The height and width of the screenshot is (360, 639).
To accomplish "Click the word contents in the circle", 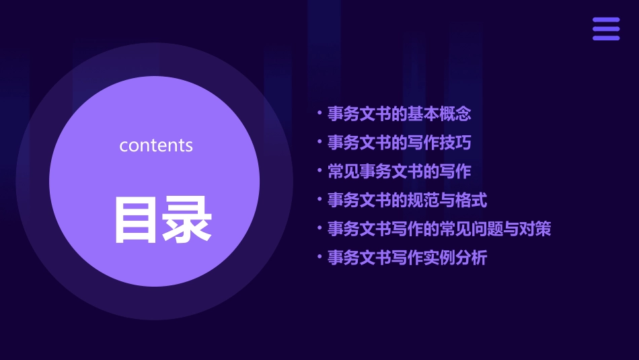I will click(156, 145).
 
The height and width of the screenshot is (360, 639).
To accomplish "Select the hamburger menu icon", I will click(606, 29).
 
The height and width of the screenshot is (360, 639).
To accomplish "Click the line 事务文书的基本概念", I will click(399, 114).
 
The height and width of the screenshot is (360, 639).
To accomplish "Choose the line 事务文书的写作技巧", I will click(399, 143).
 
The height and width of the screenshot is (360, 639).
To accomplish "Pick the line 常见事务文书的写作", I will click(399, 171).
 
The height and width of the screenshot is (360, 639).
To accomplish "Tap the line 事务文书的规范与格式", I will click(407, 200).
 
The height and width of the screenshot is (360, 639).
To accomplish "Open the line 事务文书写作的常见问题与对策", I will click(439, 229).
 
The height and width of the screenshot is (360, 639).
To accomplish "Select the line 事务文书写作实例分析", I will click(407, 258).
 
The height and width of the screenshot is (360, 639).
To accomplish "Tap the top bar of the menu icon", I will click(606, 20).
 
